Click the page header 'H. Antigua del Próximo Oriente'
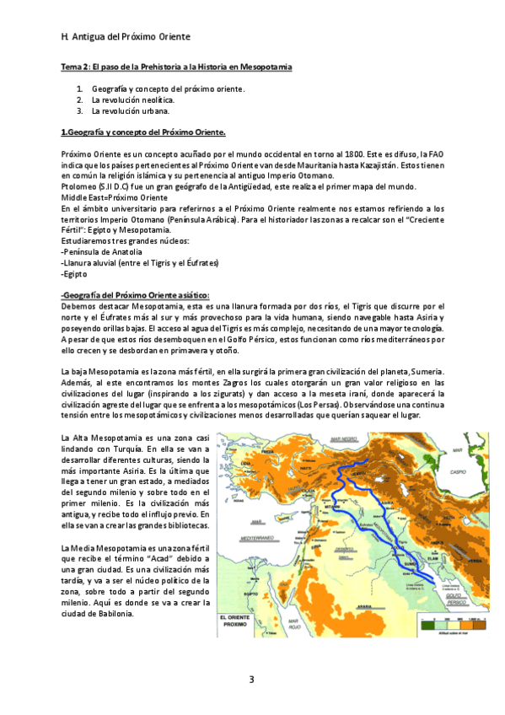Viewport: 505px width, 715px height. tap(126, 38)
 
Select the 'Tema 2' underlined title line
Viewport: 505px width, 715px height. tap(176, 67)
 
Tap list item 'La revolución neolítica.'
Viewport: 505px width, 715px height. tap(132, 99)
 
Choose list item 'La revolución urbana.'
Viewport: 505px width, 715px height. tap(130, 110)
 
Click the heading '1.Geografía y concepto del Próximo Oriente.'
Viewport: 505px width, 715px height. tap(142, 132)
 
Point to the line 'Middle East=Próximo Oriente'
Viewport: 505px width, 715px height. tap(114, 196)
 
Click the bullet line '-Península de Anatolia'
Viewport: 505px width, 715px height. tap(101, 252)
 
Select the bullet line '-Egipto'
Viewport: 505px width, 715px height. tap(74, 274)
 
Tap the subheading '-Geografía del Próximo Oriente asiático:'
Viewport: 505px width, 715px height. tap(135, 294)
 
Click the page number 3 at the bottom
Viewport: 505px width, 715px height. tap(250, 680)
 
